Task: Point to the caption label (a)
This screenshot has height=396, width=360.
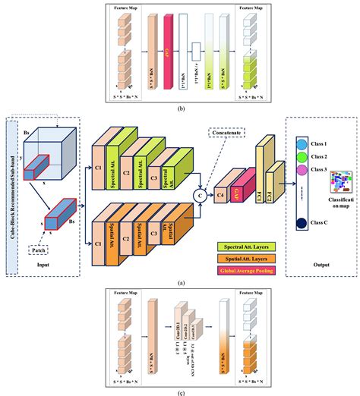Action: [180, 281]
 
